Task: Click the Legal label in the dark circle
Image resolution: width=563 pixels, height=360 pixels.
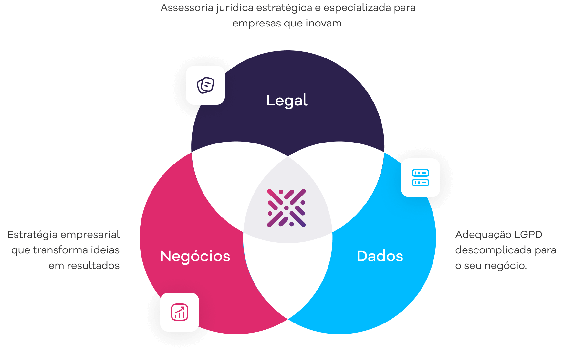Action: (287, 101)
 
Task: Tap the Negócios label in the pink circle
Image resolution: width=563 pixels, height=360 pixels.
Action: (195, 256)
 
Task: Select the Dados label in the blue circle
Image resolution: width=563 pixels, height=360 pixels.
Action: (380, 256)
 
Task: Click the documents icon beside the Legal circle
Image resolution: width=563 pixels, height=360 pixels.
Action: (205, 85)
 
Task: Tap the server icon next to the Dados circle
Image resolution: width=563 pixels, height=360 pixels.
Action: (421, 178)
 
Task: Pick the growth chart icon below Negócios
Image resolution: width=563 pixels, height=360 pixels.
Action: (180, 312)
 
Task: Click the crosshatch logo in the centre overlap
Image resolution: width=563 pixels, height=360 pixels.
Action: (287, 208)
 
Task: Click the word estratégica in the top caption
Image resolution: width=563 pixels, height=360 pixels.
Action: (284, 8)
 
